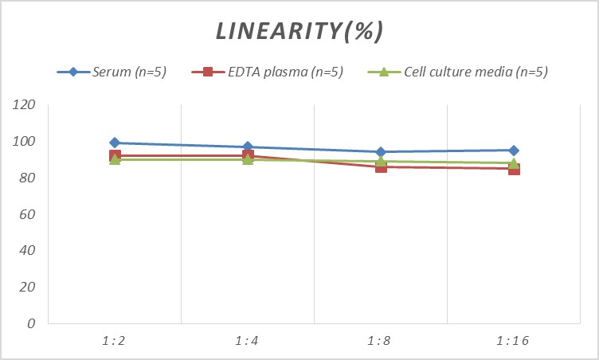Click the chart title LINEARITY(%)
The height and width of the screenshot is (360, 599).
(299, 31)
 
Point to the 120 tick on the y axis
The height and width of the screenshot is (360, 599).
(25, 105)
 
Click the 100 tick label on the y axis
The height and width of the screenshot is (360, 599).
(25, 142)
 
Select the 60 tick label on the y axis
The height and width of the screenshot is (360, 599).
(28, 214)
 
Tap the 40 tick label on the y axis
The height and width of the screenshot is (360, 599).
(28, 251)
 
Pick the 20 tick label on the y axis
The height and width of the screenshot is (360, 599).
(28, 287)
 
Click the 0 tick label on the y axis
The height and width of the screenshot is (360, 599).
(31, 323)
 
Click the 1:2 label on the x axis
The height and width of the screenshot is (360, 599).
(115, 340)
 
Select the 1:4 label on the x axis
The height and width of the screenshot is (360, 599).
(248, 340)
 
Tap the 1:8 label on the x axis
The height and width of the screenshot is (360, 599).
(381, 340)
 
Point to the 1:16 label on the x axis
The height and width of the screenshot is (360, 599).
(514, 340)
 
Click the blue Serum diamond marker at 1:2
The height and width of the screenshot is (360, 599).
(115, 143)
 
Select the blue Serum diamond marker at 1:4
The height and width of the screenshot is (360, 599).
(248, 147)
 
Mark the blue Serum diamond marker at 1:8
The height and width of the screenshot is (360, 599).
(381, 152)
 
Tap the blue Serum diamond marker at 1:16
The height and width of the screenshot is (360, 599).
(514, 151)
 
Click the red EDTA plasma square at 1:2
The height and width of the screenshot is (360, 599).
(115, 156)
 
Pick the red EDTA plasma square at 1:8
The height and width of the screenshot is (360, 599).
(381, 167)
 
